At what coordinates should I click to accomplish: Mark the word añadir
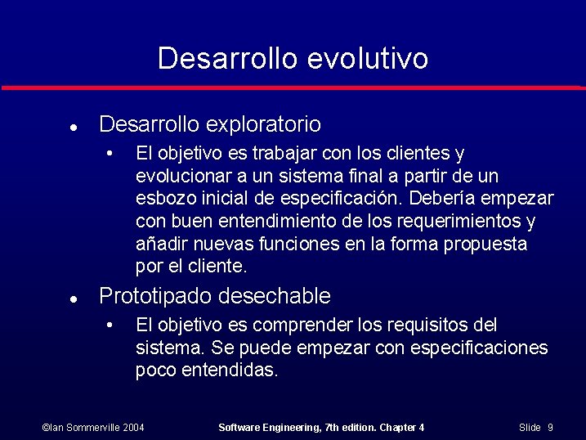click(x=159, y=245)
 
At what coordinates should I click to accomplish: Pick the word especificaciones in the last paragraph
click(x=478, y=348)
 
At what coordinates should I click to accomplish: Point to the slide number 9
click(x=551, y=428)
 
